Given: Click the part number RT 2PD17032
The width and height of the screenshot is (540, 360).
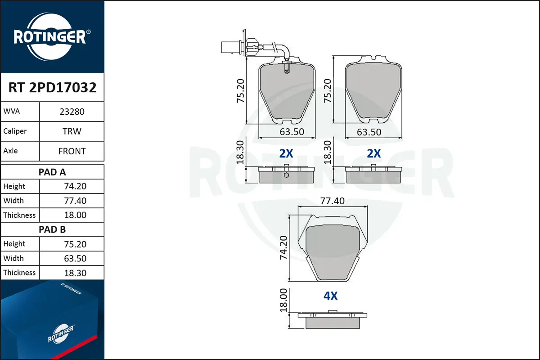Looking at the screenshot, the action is pos(52,87).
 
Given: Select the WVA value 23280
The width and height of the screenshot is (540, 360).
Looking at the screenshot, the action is pos(72,112).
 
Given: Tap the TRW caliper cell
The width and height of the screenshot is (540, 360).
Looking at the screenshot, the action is pos(72,131).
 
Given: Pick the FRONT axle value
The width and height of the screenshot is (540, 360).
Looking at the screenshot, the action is pos(72,151).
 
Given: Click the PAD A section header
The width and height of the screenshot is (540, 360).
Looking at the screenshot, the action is pos(52,172).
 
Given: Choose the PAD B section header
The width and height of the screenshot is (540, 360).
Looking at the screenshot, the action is pos(52,229).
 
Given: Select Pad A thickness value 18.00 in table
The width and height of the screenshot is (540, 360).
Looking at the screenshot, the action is pos(75,215).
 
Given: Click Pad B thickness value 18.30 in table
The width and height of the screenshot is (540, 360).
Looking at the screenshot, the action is pos(75,273).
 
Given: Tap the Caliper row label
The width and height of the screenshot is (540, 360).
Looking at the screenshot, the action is pos(15,131).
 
